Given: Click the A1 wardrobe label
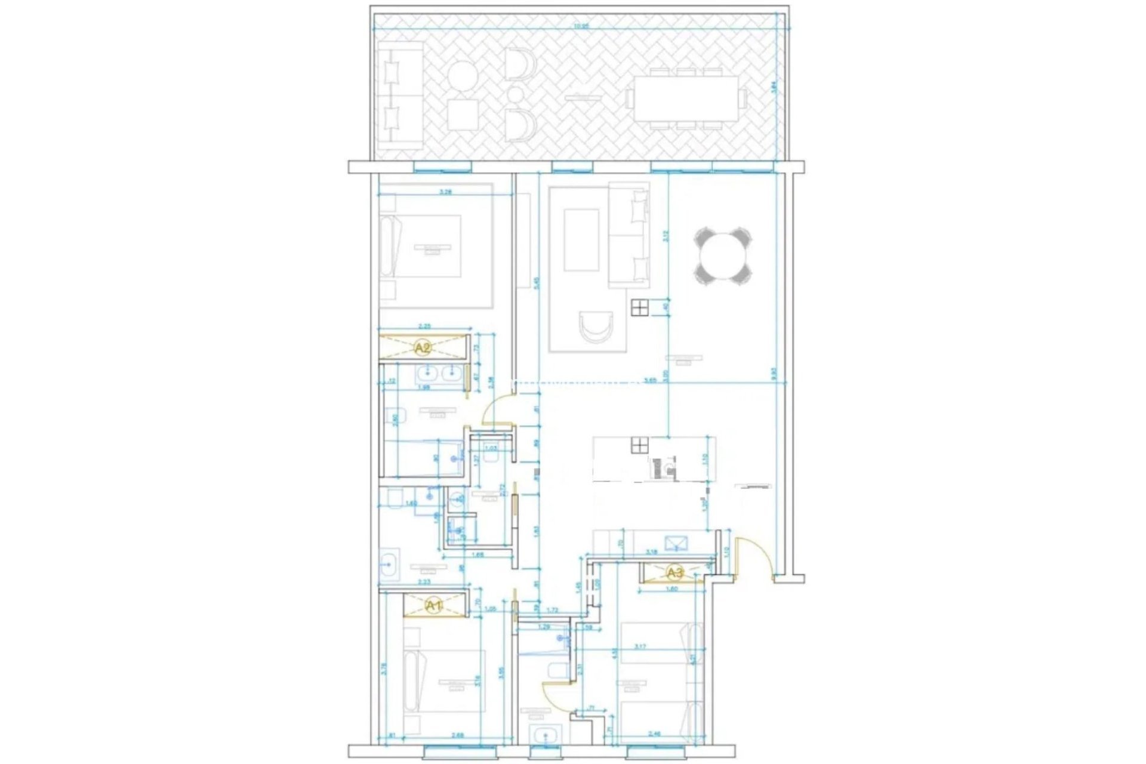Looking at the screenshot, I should click(x=434, y=606).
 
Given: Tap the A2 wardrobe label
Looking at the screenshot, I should click(x=423, y=347).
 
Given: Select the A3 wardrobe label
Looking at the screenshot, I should click(x=674, y=574).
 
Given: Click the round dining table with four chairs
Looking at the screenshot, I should click(x=723, y=256).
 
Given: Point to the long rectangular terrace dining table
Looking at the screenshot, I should click(x=685, y=98).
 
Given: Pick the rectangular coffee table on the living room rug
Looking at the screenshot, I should click(x=581, y=239).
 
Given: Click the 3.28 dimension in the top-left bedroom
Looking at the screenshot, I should click(x=445, y=192).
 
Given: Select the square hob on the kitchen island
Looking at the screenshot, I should click(x=639, y=445).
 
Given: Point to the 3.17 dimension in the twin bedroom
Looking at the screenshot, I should click(x=640, y=646).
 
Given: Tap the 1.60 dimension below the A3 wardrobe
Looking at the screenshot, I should click(x=671, y=589).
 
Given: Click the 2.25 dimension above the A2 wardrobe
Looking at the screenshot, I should click(x=425, y=326).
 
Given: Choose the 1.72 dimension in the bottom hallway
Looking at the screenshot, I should click(x=552, y=610).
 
